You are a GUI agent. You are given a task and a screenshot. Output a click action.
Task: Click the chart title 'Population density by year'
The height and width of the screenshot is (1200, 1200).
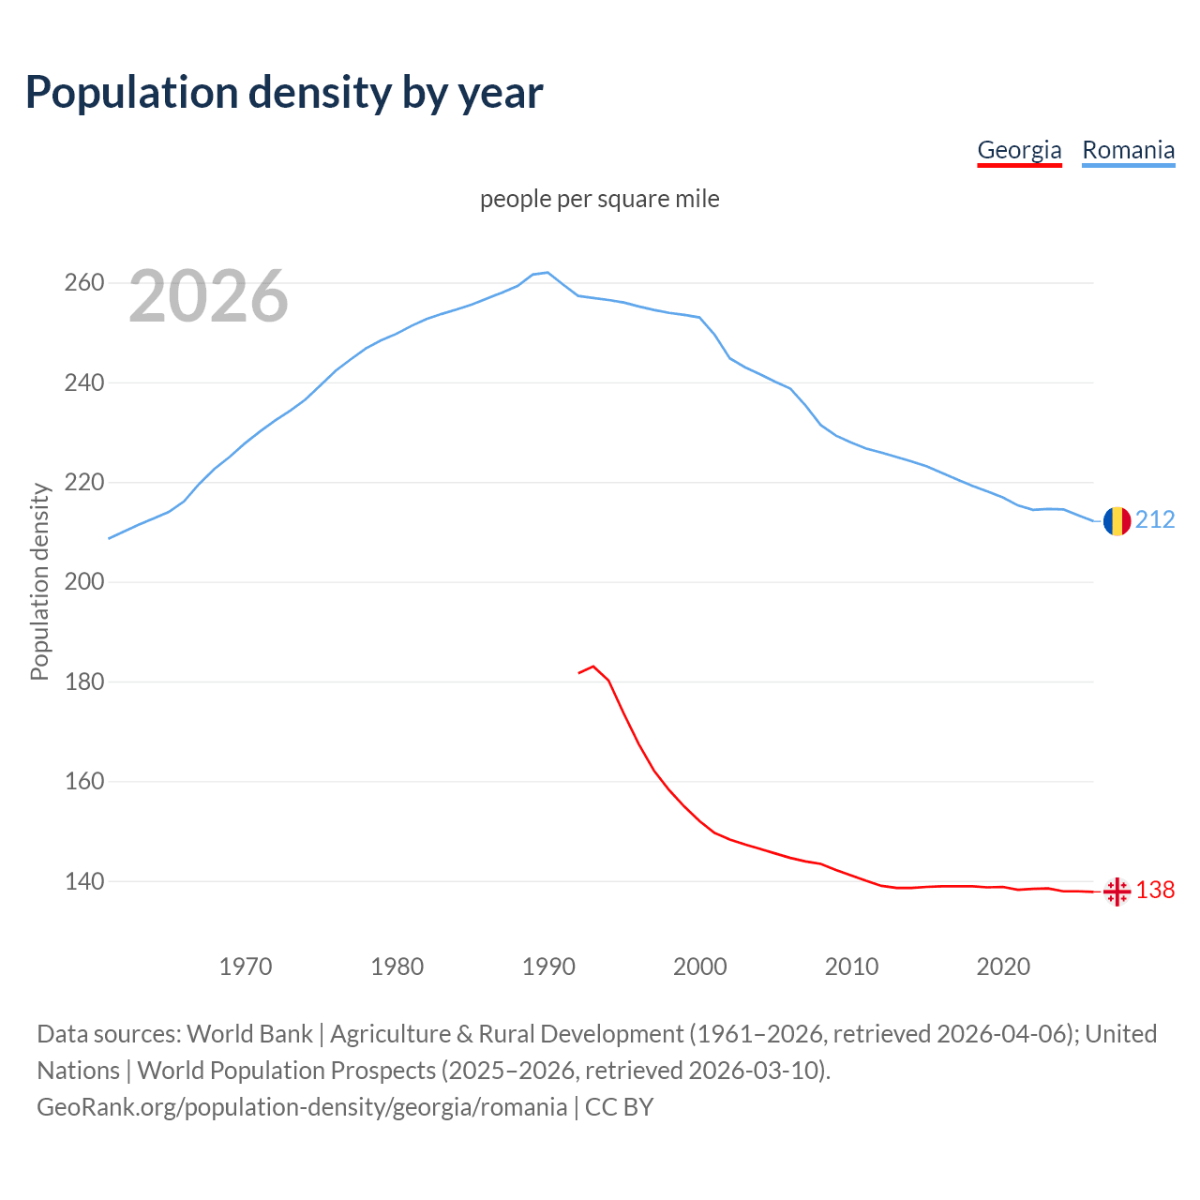tap(284, 93)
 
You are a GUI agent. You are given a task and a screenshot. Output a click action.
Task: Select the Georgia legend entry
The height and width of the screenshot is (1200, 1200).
tap(1019, 150)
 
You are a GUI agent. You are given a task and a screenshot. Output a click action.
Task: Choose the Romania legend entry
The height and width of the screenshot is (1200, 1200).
tap(1128, 150)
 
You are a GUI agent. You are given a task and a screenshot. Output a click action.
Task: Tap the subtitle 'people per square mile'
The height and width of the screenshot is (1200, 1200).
tap(599, 200)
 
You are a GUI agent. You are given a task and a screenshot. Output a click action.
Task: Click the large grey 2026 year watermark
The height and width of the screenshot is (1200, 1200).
tap(208, 297)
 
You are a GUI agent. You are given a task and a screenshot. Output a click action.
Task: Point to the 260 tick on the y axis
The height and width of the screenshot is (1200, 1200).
tap(83, 283)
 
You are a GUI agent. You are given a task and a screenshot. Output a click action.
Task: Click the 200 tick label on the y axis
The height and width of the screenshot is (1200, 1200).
tap(83, 582)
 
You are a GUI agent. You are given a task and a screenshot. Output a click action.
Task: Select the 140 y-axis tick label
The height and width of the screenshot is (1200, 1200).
tap(83, 881)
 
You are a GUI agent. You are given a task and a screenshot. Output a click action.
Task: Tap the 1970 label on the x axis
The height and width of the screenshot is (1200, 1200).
tap(246, 967)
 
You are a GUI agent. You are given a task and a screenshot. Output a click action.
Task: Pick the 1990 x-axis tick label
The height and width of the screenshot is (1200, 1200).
tap(548, 967)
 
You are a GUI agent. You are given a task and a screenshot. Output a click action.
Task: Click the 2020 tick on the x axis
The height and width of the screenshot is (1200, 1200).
tap(1003, 967)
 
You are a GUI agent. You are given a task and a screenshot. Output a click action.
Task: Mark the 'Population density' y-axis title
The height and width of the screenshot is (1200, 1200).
tap(39, 581)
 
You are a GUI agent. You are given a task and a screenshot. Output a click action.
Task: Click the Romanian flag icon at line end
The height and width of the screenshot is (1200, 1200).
tap(1117, 521)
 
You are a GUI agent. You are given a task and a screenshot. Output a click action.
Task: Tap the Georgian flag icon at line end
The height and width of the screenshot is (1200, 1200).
tap(1117, 892)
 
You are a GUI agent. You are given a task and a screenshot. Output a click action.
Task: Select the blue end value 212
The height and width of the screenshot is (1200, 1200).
tap(1155, 520)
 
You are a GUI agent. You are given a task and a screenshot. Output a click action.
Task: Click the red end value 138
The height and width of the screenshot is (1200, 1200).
tap(1155, 891)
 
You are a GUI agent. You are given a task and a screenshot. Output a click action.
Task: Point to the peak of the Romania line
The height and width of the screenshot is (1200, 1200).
tap(547, 273)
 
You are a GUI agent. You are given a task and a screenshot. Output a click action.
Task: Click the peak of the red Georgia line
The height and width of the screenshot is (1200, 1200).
tap(593, 667)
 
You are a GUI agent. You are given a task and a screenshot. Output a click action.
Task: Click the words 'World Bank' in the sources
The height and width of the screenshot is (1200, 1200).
tap(249, 1034)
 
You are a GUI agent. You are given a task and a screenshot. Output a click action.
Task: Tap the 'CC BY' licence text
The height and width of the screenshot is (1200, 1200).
tap(619, 1107)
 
